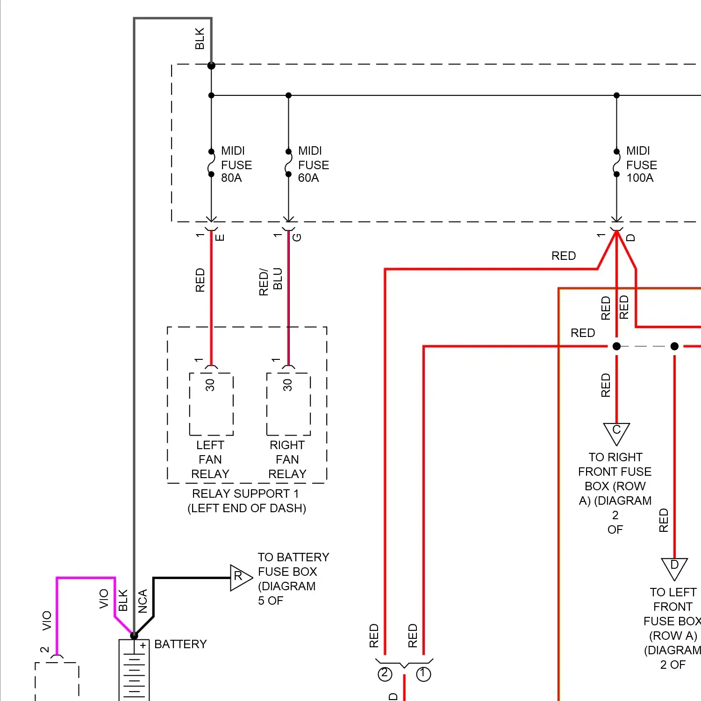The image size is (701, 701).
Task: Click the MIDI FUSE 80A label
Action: coord(236,165)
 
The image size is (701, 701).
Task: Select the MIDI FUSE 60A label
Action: coord(313,165)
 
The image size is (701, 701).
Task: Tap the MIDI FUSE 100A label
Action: coord(641,165)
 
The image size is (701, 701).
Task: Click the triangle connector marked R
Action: coord(240,577)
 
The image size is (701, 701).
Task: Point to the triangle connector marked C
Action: coord(616,432)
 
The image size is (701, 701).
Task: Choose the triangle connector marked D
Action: coord(674,567)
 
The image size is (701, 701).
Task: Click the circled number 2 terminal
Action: coord(385,674)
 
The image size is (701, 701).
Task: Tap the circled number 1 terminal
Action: coord(423,674)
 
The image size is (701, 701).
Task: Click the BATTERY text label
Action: coord(180,644)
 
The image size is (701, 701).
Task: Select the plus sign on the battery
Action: coord(143,646)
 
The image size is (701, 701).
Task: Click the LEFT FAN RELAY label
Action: coord(210,459)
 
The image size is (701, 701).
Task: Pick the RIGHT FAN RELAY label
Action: coord(287,459)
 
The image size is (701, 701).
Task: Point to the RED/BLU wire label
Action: coord(271,281)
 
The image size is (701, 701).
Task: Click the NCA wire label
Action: coord(143,601)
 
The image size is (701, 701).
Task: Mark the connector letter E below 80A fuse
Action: coord(220,237)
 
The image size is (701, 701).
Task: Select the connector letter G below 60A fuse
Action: coord(297,237)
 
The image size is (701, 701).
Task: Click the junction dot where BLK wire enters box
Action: coord(211,66)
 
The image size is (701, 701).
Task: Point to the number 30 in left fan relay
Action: coord(210,385)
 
